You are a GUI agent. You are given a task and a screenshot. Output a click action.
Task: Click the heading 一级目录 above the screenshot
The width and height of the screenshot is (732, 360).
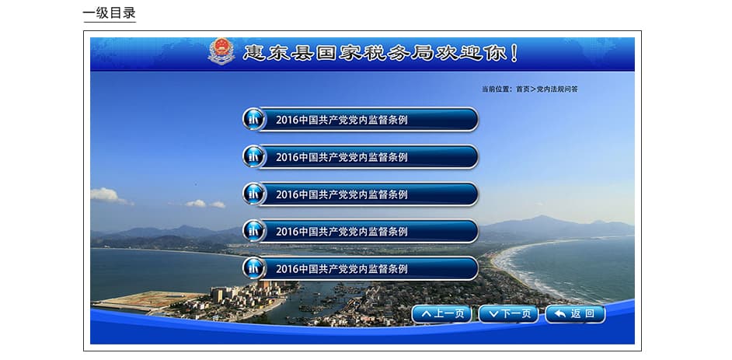pyautogui.click(x=110, y=13)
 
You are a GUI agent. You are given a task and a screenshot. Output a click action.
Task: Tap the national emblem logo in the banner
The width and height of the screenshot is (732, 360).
pyautogui.click(x=221, y=51)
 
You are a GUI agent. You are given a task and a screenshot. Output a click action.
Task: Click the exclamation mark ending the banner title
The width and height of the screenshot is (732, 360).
pyautogui.click(x=514, y=53)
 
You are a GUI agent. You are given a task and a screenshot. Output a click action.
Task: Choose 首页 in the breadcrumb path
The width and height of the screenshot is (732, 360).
pyautogui.click(x=523, y=89)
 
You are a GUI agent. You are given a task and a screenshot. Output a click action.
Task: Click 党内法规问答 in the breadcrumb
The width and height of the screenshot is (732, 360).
pyautogui.click(x=557, y=89)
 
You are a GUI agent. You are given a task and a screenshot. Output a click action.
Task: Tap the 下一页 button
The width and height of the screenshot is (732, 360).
pyautogui.click(x=508, y=314)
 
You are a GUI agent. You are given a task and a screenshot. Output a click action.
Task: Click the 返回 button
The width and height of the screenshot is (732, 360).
pyautogui.click(x=575, y=314)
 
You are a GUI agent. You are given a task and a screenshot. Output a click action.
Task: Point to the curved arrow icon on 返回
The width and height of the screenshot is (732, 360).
pyautogui.click(x=559, y=314)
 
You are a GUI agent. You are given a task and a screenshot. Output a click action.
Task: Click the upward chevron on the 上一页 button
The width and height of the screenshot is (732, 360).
pyautogui.click(x=427, y=314)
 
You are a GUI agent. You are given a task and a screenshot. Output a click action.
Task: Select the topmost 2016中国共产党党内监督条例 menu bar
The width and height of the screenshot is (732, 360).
pyautogui.click(x=361, y=120)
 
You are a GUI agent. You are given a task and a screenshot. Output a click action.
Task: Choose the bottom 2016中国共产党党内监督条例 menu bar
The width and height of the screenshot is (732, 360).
pyautogui.click(x=361, y=269)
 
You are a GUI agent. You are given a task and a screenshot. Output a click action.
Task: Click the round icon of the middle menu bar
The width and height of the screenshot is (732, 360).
pyautogui.click(x=254, y=194)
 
